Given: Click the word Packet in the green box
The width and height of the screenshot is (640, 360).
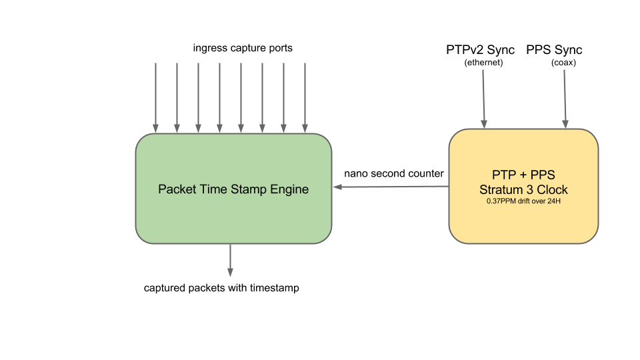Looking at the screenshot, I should click(176, 189).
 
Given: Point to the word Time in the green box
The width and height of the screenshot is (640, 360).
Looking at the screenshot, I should click(213, 189).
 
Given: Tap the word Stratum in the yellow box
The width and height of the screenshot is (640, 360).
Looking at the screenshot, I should click(501, 190).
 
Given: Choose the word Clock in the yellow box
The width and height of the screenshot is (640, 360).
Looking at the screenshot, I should click(551, 190).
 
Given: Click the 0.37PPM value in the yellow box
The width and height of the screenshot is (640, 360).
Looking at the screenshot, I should click(502, 201).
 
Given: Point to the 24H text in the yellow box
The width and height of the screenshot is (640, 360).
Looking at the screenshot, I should click(553, 201).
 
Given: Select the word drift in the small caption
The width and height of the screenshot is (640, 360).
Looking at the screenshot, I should click(525, 201).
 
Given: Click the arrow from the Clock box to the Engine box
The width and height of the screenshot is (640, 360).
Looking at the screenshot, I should click(393, 187).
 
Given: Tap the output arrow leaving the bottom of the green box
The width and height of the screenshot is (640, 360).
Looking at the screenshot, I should click(230, 260).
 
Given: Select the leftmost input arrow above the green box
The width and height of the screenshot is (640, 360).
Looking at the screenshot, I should click(155, 97).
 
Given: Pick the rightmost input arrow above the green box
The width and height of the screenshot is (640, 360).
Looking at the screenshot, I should click(305, 97).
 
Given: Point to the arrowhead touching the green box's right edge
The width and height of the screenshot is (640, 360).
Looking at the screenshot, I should click(337, 187).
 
